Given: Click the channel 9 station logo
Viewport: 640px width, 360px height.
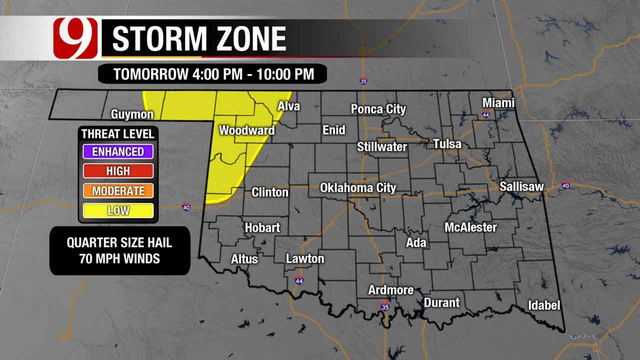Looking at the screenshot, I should click(x=75, y=38).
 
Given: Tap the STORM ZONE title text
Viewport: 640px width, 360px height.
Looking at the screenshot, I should click(x=199, y=39).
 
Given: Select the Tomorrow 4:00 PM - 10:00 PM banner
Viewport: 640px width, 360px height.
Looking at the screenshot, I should click(x=213, y=74).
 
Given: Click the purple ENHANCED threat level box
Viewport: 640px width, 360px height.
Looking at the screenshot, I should click(x=118, y=151).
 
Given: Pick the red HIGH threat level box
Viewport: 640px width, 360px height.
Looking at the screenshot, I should click(x=118, y=171).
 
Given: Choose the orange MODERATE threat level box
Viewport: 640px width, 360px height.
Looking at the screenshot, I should click(x=118, y=190).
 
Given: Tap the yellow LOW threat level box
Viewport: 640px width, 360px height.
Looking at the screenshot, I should click(x=118, y=210).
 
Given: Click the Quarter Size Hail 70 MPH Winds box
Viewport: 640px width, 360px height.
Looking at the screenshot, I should click(x=119, y=250).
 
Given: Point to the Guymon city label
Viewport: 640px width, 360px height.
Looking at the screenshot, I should click(x=132, y=114).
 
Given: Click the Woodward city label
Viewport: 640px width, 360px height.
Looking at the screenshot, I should click(x=246, y=130).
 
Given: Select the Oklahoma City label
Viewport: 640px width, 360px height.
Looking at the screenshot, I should click(x=358, y=188).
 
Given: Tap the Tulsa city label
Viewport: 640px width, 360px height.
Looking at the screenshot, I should click(x=447, y=144).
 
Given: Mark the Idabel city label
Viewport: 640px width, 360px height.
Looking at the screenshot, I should click(x=544, y=305).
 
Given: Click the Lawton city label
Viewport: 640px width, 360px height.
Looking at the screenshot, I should click(x=305, y=258).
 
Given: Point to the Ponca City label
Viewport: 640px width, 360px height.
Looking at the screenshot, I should click(x=378, y=109).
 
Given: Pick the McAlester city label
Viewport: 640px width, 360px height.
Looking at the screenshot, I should click(x=470, y=227).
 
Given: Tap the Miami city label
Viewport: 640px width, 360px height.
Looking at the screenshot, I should click(x=498, y=103).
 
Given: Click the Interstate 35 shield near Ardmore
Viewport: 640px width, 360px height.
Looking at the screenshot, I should click(x=384, y=306).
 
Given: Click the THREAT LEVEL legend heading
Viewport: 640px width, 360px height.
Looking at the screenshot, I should click(x=118, y=134).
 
